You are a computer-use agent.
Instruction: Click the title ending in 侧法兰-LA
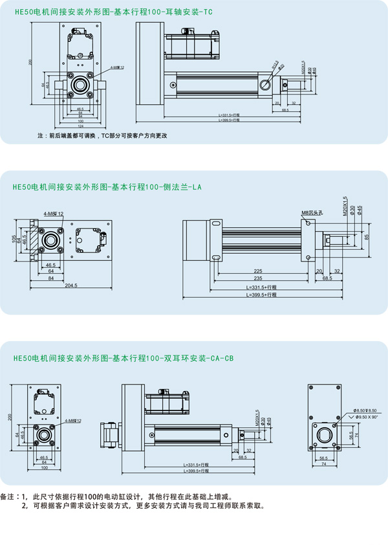[x=107, y=188]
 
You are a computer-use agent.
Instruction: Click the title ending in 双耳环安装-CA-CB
[x=123, y=357]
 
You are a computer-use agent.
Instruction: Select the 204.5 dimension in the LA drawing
[x=70, y=285]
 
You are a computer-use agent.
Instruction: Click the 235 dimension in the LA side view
[x=258, y=278]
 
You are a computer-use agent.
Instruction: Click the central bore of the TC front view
[x=80, y=84]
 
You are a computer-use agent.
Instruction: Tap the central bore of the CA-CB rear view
[x=324, y=435]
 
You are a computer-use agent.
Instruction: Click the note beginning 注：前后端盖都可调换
[x=103, y=136]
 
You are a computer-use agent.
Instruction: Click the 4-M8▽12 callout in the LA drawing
[x=53, y=212]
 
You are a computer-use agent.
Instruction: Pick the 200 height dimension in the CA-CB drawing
[x=10, y=417]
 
